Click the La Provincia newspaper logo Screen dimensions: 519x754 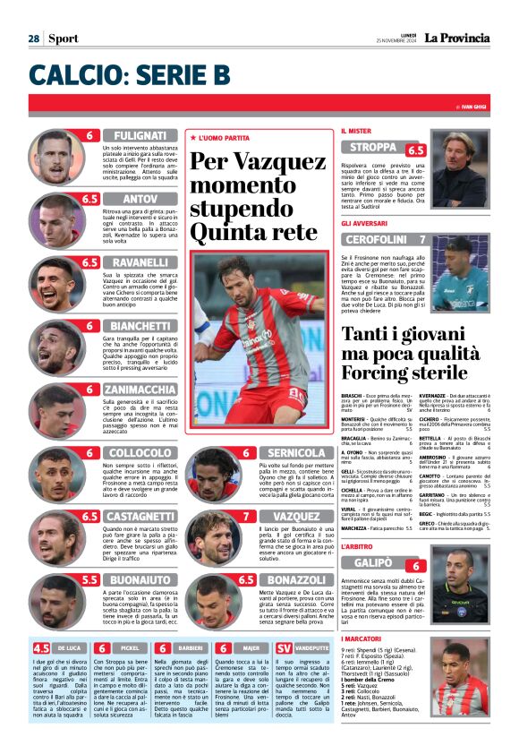click(457, 38)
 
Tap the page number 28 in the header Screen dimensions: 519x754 click(33, 39)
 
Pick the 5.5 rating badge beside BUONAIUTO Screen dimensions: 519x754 click(89, 580)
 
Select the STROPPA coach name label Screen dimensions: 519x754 click(374, 147)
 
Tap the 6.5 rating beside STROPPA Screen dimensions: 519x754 click(417, 150)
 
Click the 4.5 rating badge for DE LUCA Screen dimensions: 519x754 click(40, 647)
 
